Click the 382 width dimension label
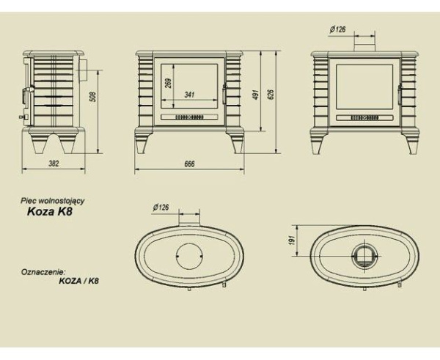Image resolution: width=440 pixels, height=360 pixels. [x=54, y=164]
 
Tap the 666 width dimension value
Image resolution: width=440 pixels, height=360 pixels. [x=189, y=164]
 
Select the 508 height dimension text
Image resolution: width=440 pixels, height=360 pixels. [x=94, y=97]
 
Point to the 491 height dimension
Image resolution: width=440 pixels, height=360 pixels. [x=255, y=95]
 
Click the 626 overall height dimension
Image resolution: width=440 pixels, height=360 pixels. [x=271, y=95]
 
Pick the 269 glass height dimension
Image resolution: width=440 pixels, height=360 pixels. [x=169, y=83]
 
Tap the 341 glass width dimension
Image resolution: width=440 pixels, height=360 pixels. [x=189, y=95]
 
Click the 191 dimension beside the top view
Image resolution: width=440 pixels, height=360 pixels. [x=292, y=240]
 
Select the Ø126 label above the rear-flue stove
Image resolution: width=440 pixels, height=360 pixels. [x=337, y=29]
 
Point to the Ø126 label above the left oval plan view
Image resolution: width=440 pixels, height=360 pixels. [x=161, y=207]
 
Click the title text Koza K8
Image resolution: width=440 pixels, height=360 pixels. [x=50, y=211]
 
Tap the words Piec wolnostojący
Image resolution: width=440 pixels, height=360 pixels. [x=53, y=201]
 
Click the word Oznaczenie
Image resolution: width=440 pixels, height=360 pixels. [x=43, y=272]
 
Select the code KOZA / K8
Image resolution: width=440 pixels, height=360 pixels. [x=79, y=281]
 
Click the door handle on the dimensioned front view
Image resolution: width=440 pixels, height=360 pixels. [x=224, y=95]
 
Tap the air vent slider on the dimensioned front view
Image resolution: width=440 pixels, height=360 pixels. [x=189, y=117]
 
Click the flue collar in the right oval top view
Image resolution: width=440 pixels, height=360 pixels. [x=364, y=256]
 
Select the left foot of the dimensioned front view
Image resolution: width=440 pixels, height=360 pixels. [x=141, y=144]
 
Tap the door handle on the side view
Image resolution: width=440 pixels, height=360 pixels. [x=26, y=95]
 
